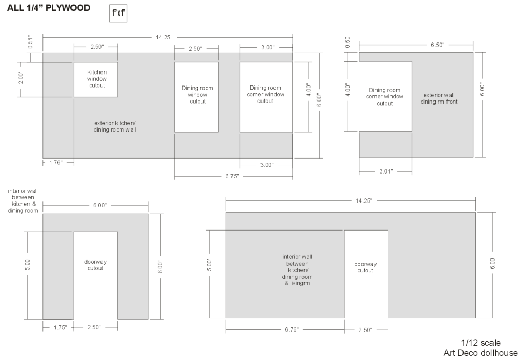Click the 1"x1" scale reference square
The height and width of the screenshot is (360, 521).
(118, 13)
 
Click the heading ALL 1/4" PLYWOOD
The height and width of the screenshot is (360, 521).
(49, 8)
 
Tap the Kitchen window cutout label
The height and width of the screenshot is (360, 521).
(97, 79)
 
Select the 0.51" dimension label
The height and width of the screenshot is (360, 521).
(30, 42)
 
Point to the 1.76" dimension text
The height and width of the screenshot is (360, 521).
(56, 163)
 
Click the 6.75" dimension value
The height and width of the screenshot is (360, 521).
(232, 176)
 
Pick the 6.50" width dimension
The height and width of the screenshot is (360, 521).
(438, 45)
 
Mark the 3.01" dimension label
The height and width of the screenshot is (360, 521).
(386, 171)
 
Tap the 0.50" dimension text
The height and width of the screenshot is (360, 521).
(348, 41)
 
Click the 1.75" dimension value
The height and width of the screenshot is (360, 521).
(60, 327)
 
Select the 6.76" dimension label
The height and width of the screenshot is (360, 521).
(292, 329)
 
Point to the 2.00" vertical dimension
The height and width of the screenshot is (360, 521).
(21, 77)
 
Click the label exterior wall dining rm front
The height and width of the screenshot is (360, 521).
(439, 98)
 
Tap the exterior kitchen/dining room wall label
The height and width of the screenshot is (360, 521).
(114, 126)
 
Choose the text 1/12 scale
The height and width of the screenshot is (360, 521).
(481, 343)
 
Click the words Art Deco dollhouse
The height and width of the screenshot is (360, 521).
(481, 353)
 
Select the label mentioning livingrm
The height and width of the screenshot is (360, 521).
(297, 270)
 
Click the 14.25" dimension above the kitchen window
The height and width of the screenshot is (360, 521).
(165, 37)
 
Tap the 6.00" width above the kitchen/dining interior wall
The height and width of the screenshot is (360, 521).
(99, 205)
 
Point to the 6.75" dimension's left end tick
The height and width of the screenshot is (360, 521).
(175, 176)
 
